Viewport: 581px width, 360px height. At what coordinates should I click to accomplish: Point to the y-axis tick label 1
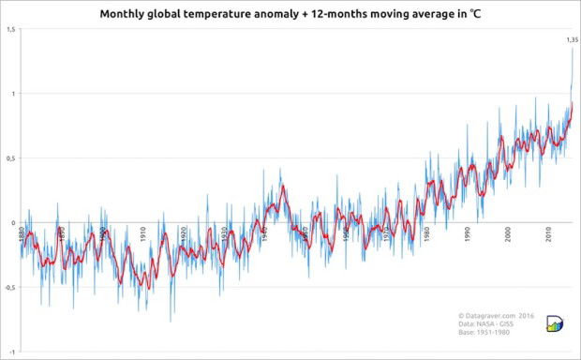pos(12,94)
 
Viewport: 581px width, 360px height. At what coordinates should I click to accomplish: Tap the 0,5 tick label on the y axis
pos(9,158)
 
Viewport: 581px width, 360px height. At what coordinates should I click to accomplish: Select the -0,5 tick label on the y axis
pos(8,288)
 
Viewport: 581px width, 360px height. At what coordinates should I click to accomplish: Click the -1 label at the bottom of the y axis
pos(11,352)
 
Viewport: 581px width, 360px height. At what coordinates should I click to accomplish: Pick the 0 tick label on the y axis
pos(13,223)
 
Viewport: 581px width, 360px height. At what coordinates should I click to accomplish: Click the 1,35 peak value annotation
pos(573,39)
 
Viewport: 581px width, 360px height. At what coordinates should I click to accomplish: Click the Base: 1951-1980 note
pos(485,334)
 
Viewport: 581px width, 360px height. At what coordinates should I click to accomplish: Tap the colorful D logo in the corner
pos(554,324)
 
